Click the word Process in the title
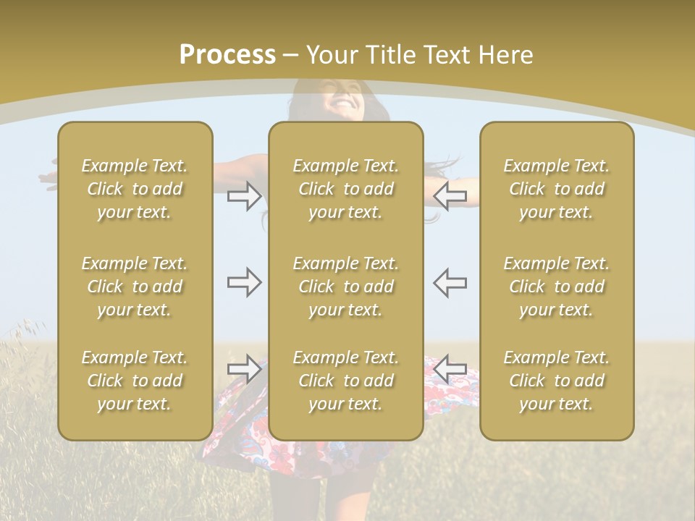(x=227, y=55)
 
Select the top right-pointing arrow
(x=245, y=195)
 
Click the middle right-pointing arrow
(x=245, y=282)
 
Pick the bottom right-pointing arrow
(x=245, y=369)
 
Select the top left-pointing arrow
(x=450, y=195)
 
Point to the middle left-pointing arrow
(x=450, y=282)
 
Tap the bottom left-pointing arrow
(x=450, y=369)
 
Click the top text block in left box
(x=135, y=189)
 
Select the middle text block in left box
(x=135, y=287)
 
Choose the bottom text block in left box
(x=135, y=381)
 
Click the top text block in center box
(x=346, y=189)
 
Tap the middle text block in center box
(x=346, y=287)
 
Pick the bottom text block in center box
(x=346, y=381)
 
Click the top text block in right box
(x=557, y=189)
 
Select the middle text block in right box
(x=557, y=287)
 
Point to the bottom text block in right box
(x=557, y=381)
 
